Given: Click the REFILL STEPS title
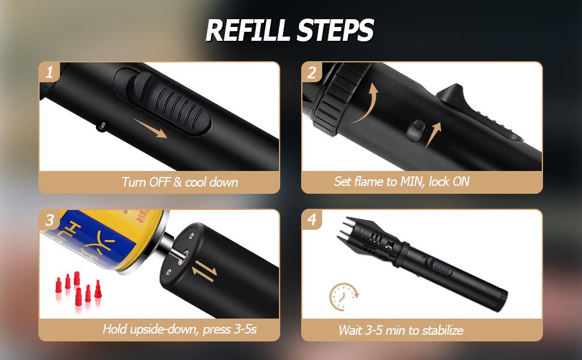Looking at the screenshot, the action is [x=290, y=30].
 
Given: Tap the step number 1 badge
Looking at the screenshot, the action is [x=49, y=72].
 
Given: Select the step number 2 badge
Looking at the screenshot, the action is [x=312, y=73].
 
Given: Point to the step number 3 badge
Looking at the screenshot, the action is [x=49, y=220].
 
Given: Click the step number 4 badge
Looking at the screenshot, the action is [x=312, y=220].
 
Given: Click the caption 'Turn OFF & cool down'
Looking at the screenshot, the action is [x=180, y=182].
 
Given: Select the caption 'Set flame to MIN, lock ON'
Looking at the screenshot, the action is [x=401, y=181].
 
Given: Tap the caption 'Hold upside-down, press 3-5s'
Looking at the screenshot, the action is [x=179, y=329].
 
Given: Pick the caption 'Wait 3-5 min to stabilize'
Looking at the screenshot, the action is [x=401, y=330].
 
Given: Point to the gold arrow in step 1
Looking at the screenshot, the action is [x=151, y=128].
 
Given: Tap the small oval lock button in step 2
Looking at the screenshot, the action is [x=416, y=130].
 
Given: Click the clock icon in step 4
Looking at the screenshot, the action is [x=344, y=296].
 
